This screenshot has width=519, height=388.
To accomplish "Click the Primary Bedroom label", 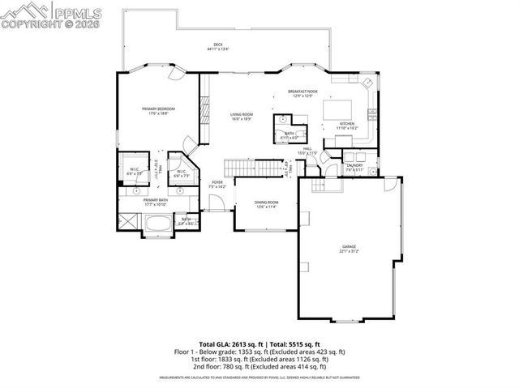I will tap(159, 109).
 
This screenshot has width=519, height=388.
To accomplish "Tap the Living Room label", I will tap(242, 116).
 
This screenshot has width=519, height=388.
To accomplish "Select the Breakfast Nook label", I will tap(302, 92).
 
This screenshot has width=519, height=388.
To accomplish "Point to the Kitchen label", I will tap(347, 122).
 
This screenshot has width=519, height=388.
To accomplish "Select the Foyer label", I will tap(217, 182).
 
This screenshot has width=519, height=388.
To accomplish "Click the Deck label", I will tap(217, 46).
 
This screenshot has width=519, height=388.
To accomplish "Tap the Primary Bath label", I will tap(156, 199).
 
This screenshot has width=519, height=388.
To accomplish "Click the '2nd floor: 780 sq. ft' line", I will tap(259, 368).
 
